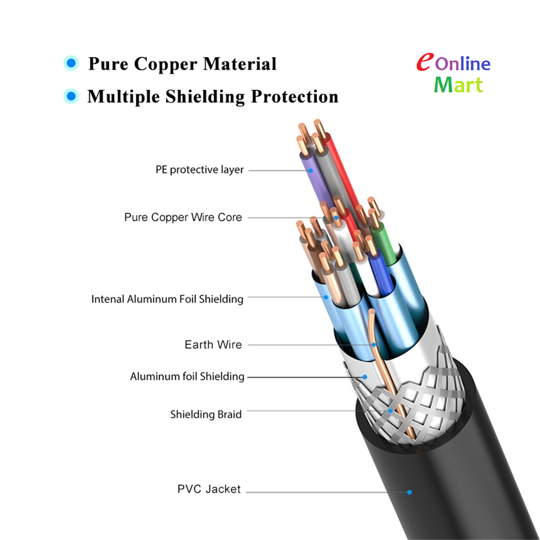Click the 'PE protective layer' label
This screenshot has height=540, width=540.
199,170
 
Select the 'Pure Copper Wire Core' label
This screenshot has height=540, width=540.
183,217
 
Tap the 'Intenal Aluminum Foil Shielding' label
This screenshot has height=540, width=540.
167,299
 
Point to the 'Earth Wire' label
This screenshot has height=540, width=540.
213,345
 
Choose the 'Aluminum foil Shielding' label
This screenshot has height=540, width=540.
187,376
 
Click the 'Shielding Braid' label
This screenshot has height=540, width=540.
206,414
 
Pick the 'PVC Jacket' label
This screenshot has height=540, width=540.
208,489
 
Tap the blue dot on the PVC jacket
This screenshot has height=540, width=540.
409,492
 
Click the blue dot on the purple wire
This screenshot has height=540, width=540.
310,171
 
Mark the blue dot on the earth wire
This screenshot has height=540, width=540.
374,345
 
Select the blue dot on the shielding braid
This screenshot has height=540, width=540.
390,411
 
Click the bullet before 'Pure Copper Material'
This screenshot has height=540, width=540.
71,63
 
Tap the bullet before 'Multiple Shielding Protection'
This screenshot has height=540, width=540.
71,96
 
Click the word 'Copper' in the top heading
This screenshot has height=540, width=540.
165,64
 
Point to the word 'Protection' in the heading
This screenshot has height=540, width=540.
294,97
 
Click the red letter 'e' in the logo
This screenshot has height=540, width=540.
424,62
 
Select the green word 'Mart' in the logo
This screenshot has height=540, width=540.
458,85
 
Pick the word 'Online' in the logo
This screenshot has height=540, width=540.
463,63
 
